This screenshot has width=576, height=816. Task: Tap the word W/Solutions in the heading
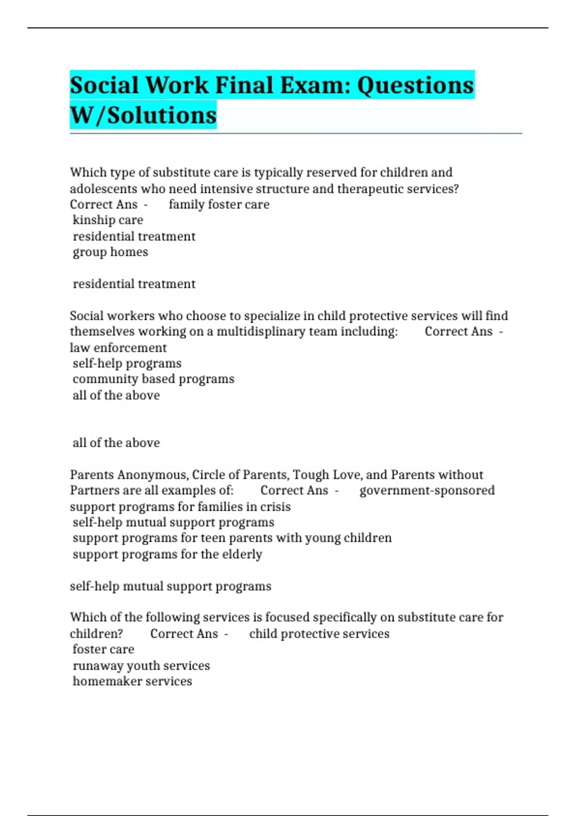coord(143,115)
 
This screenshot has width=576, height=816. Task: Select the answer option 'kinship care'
coord(108,220)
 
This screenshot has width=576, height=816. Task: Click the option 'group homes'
coord(110,252)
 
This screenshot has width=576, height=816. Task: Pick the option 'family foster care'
coord(219,204)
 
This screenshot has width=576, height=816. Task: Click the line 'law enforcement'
coord(118,348)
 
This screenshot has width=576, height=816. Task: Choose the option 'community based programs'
coord(154,379)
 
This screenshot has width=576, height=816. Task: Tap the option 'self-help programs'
coord(127,363)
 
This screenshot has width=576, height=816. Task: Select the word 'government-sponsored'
coord(427,491)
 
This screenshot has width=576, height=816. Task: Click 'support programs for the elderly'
coord(168,554)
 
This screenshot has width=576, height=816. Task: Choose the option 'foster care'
coord(103,649)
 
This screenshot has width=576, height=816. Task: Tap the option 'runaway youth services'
coord(141,666)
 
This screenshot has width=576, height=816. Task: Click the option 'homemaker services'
coord(132,682)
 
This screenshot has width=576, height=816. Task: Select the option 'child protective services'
coord(319,634)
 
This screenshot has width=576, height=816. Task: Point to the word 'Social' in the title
coord(104,85)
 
